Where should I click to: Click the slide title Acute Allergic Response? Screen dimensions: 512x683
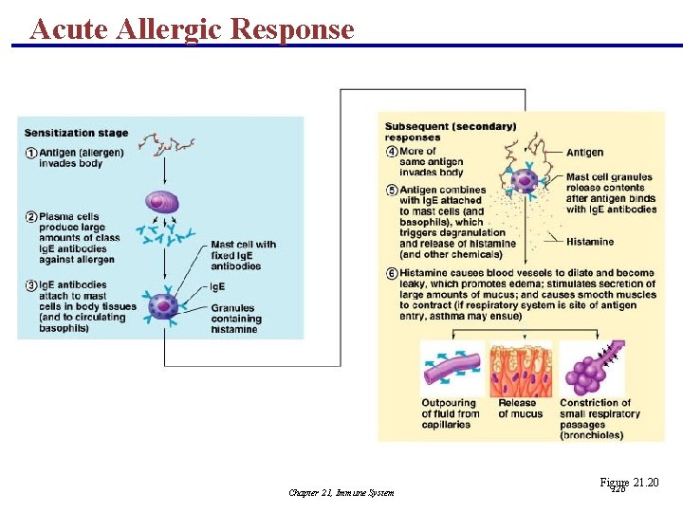point(192,28)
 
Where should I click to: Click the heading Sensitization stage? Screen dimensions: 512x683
point(76,134)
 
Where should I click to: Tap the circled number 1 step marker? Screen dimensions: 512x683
point(31,154)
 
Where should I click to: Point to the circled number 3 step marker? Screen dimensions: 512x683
point(31,285)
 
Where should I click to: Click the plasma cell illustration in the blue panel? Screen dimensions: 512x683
point(162,202)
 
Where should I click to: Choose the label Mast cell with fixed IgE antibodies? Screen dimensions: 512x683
point(243,255)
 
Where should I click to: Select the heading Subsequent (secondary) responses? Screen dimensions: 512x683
point(451,132)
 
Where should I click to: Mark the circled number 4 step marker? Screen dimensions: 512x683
point(392,152)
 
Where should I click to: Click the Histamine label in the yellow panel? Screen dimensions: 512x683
point(590,242)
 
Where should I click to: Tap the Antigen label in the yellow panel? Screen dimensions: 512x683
point(584,153)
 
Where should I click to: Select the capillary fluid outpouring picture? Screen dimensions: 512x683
point(452,369)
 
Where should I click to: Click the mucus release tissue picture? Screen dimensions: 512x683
point(521,369)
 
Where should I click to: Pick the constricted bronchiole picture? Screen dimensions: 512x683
point(591,369)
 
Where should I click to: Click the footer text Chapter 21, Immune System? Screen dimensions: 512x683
point(341,492)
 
